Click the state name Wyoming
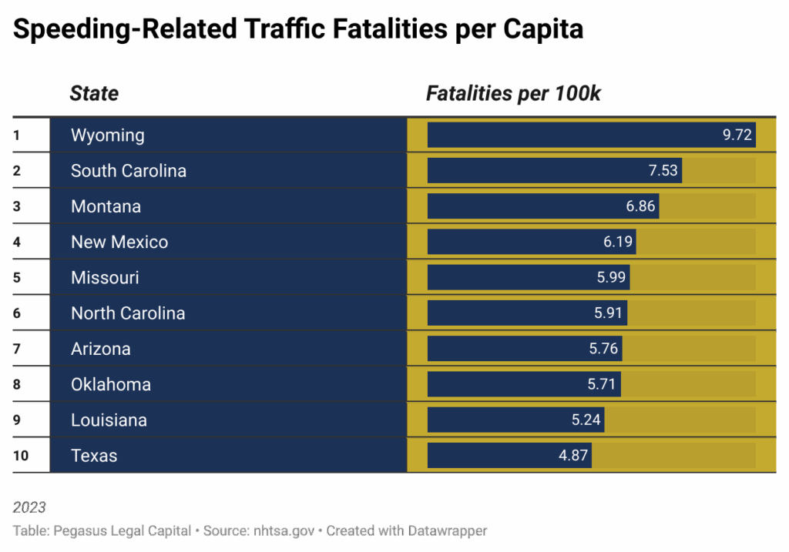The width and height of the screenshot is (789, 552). point(107,135)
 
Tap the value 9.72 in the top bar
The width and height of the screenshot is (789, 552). point(736,135)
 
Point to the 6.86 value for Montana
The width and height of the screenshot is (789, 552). point(640,206)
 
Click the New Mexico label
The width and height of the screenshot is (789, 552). point(119,243)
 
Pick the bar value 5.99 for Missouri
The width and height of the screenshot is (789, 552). point(611,278)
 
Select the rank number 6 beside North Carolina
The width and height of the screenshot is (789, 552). point(17,314)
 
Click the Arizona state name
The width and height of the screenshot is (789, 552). point(100,350)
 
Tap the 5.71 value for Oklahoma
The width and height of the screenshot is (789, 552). point(602,384)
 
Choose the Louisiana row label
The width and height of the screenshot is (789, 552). point(109,420)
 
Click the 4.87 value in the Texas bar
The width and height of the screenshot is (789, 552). point(573,456)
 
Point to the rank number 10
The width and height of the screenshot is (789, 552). point(21,456)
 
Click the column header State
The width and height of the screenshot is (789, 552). point(94,94)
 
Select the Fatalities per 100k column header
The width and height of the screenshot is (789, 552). point(513,94)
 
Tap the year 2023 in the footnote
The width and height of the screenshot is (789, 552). point(29,507)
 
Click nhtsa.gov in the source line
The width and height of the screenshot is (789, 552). point(280,531)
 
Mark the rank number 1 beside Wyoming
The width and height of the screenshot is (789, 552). point(16,135)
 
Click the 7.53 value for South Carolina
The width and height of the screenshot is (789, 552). point(663,171)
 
